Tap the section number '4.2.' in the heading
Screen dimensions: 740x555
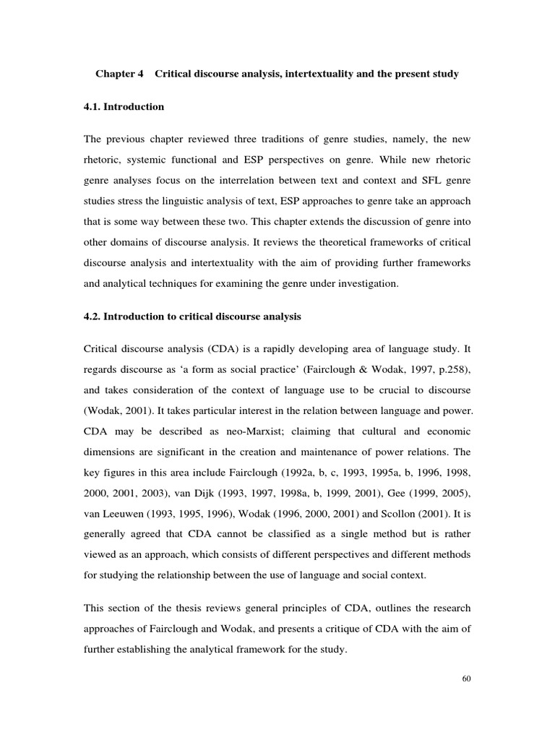(95, 317)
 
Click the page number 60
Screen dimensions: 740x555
(465, 679)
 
